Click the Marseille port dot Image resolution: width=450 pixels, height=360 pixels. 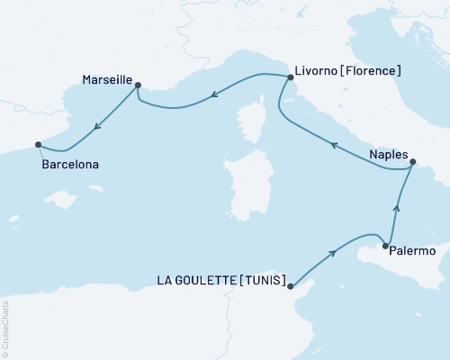point(138,85)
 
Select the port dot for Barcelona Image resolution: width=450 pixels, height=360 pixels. point(38,144)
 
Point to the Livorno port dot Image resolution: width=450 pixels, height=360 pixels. point(290,78)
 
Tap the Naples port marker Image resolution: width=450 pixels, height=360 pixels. point(413,163)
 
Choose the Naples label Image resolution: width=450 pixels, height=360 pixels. point(389,154)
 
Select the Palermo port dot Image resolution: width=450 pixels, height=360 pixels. point(385,246)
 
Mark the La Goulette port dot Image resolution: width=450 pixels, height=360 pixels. point(290,285)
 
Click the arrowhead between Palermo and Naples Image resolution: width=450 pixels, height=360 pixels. point(398,208)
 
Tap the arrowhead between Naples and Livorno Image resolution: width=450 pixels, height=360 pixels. point(333,144)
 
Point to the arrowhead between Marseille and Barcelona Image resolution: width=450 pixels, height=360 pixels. point(96,127)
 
